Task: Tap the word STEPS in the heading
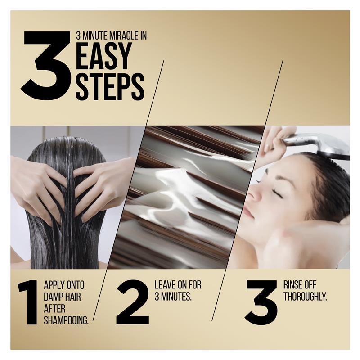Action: pyautogui.click(x=110, y=86)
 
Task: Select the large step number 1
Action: pyautogui.click(x=28, y=302)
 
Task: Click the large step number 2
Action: pyautogui.click(x=132, y=302)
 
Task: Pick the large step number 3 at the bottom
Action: pyautogui.click(x=261, y=302)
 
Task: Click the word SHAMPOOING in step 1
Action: pyautogui.click(x=66, y=320)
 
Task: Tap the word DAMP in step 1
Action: pyautogui.click(x=53, y=297)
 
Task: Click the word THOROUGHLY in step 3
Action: pyautogui.click(x=305, y=297)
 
